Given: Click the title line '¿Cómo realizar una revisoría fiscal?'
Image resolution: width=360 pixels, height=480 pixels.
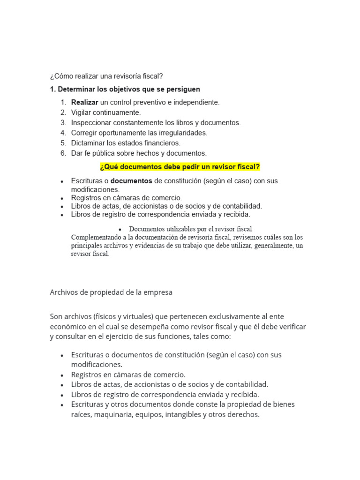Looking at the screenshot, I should coord(106,76).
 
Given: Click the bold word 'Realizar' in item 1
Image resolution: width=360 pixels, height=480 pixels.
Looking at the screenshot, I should coord(85,102).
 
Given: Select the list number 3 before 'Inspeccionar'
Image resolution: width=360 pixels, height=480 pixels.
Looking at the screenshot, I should coord(63,123).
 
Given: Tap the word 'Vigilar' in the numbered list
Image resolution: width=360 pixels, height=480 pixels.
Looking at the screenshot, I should coord(82,112).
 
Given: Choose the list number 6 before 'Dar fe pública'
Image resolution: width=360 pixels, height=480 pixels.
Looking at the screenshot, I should coord(63,153).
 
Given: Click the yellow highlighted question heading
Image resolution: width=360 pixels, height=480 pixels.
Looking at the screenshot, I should coord(180,167).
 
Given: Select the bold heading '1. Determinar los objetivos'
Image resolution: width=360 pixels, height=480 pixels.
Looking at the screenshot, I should coord(125,89).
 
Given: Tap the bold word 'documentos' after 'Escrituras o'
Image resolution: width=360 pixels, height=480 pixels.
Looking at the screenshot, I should coord(131,180).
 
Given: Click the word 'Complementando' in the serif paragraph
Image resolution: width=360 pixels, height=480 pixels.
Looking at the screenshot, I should coord(95,237).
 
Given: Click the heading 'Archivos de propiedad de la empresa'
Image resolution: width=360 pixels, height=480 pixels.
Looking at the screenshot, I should coord(111,292).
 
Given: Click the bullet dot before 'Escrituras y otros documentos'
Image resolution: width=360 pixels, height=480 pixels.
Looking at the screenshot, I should coord(62,405).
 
